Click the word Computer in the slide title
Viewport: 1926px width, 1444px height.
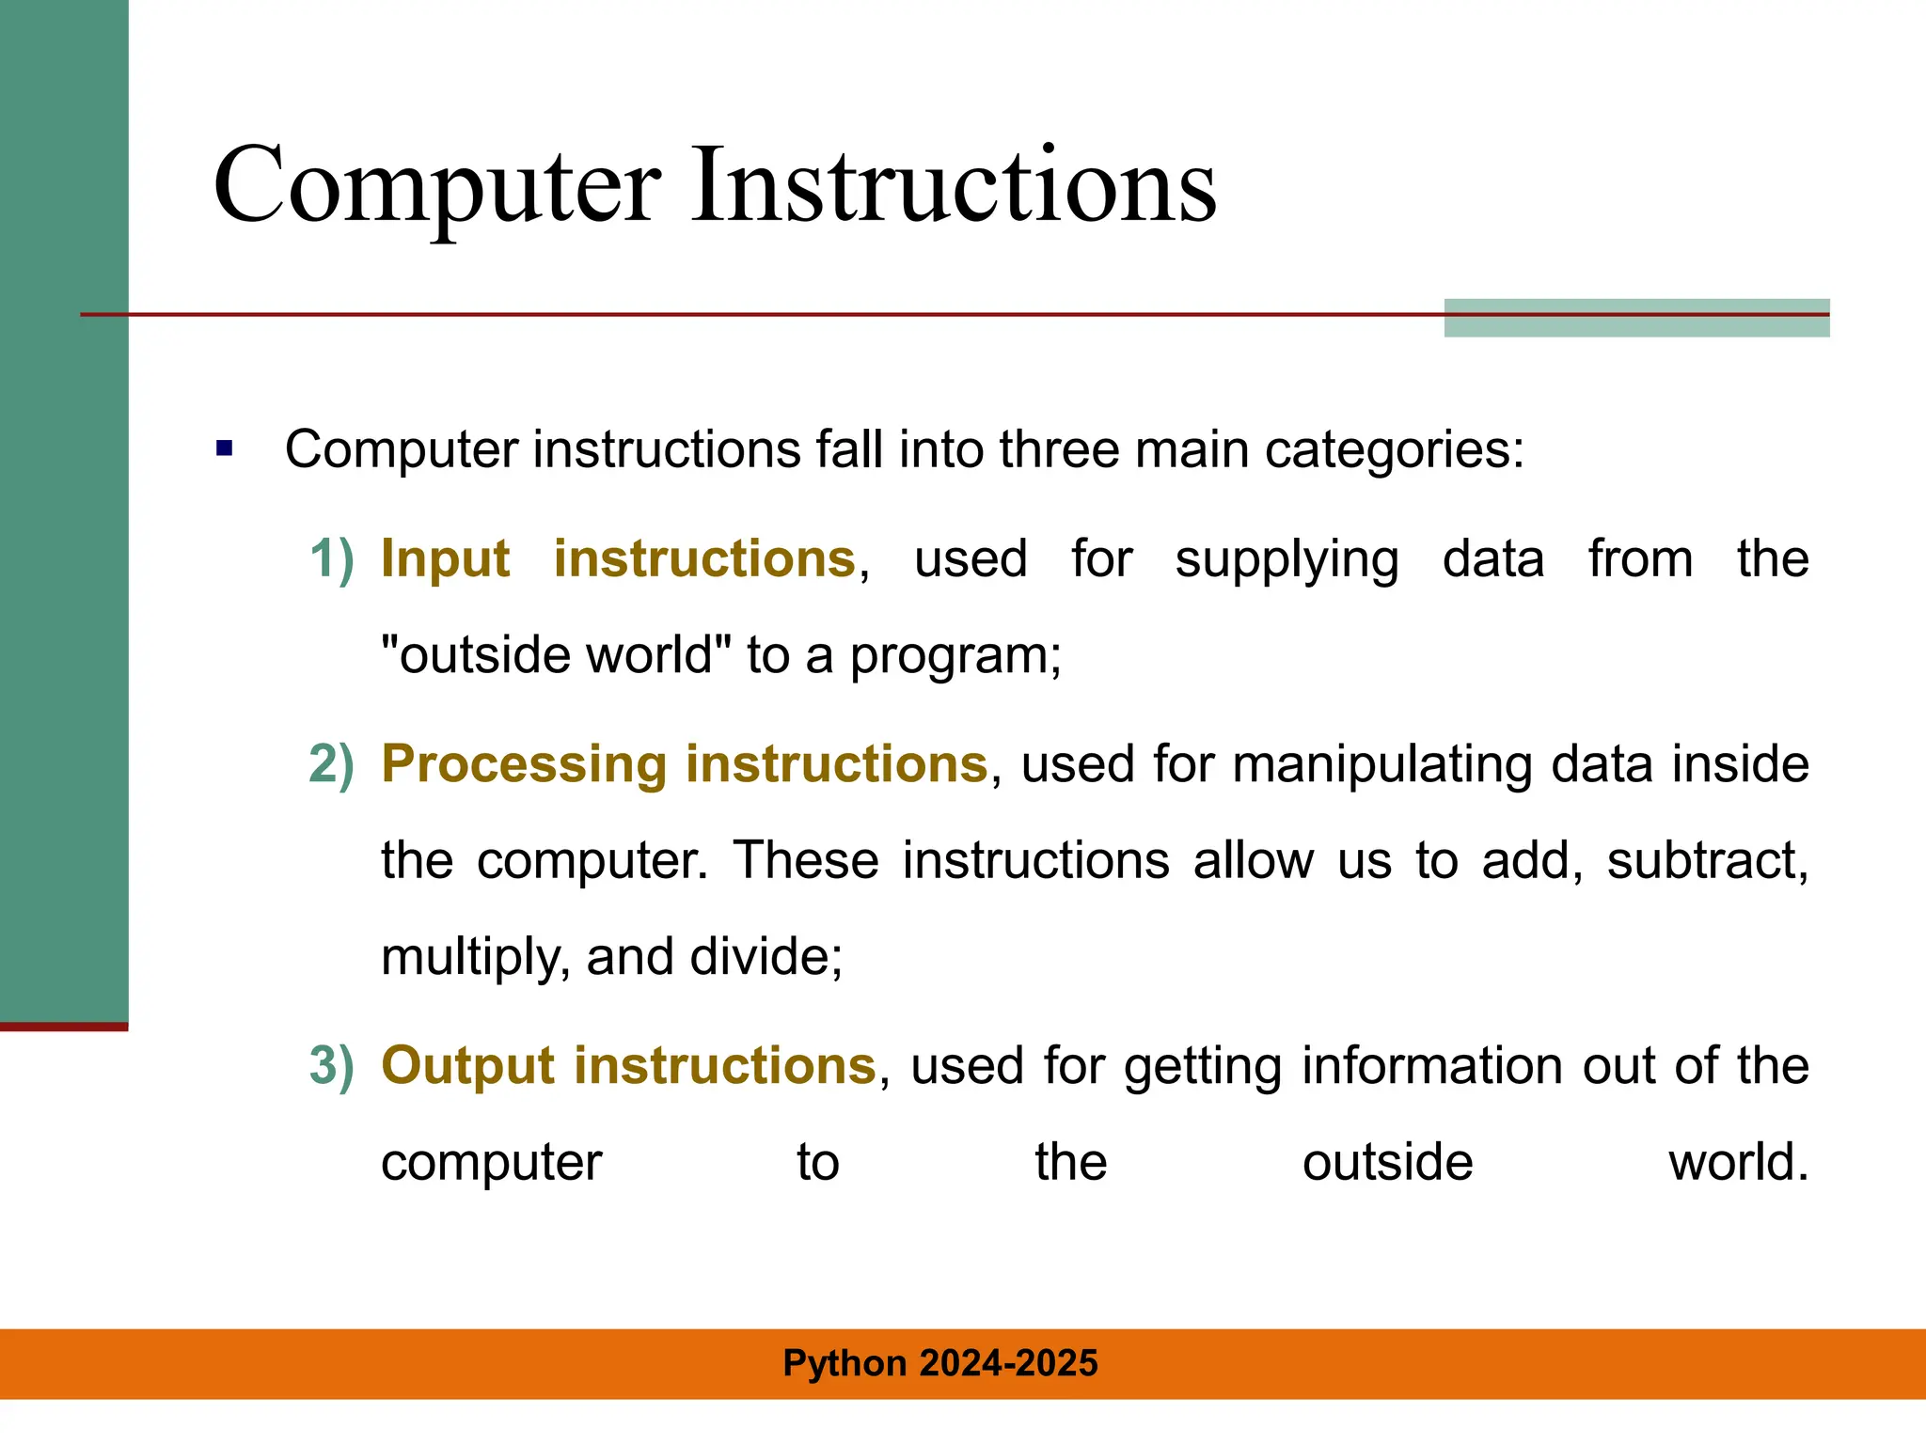(x=437, y=188)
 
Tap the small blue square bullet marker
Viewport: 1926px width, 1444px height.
(x=224, y=448)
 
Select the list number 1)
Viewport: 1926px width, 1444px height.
(x=332, y=558)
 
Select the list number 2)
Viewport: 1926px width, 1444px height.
(x=332, y=763)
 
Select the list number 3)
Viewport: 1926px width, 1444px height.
(x=332, y=1065)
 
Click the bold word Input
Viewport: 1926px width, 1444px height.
(x=445, y=558)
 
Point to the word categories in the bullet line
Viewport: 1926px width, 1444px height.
(x=1392, y=450)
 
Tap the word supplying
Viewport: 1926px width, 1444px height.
(x=1287, y=560)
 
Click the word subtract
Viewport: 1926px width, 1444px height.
(x=1706, y=860)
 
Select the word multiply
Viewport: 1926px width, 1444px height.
(x=474, y=957)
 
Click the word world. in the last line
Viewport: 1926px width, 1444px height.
(x=1738, y=1162)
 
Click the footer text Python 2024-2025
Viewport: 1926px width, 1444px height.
(x=940, y=1363)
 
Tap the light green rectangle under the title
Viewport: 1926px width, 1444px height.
(x=1636, y=325)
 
